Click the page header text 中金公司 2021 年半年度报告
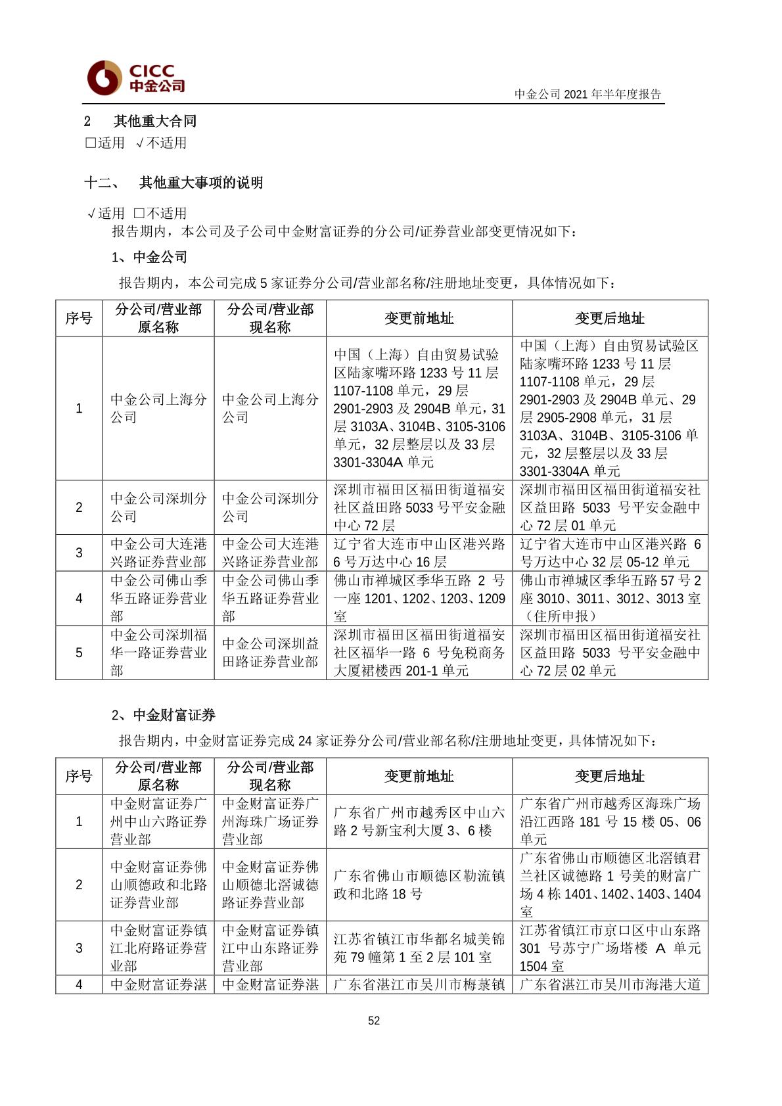click(x=587, y=94)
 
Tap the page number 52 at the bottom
click(x=374, y=1021)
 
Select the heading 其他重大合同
click(x=154, y=121)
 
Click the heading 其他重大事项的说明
click(x=200, y=183)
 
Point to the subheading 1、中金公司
click(x=149, y=257)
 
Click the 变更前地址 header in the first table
click(x=419, y=319)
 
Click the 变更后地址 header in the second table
click(x=610, y=776)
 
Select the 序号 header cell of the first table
click(x=79, y=319)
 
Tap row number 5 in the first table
click(x=79, y=653)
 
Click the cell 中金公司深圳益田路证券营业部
click(x=269, y=653)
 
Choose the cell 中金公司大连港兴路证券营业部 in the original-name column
click(x=158, y=553)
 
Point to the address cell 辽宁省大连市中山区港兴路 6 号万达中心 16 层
click(x=419, y=553)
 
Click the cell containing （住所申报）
click(x=610, y=598)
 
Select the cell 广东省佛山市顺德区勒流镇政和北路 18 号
click(x=419, y=885)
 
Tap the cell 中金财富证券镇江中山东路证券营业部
click(x=269, y=948)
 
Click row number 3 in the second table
click(x=79, y=948)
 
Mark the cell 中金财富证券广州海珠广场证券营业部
click(x=269, y=821)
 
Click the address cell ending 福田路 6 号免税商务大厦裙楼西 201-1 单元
click(x=419, y=653)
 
